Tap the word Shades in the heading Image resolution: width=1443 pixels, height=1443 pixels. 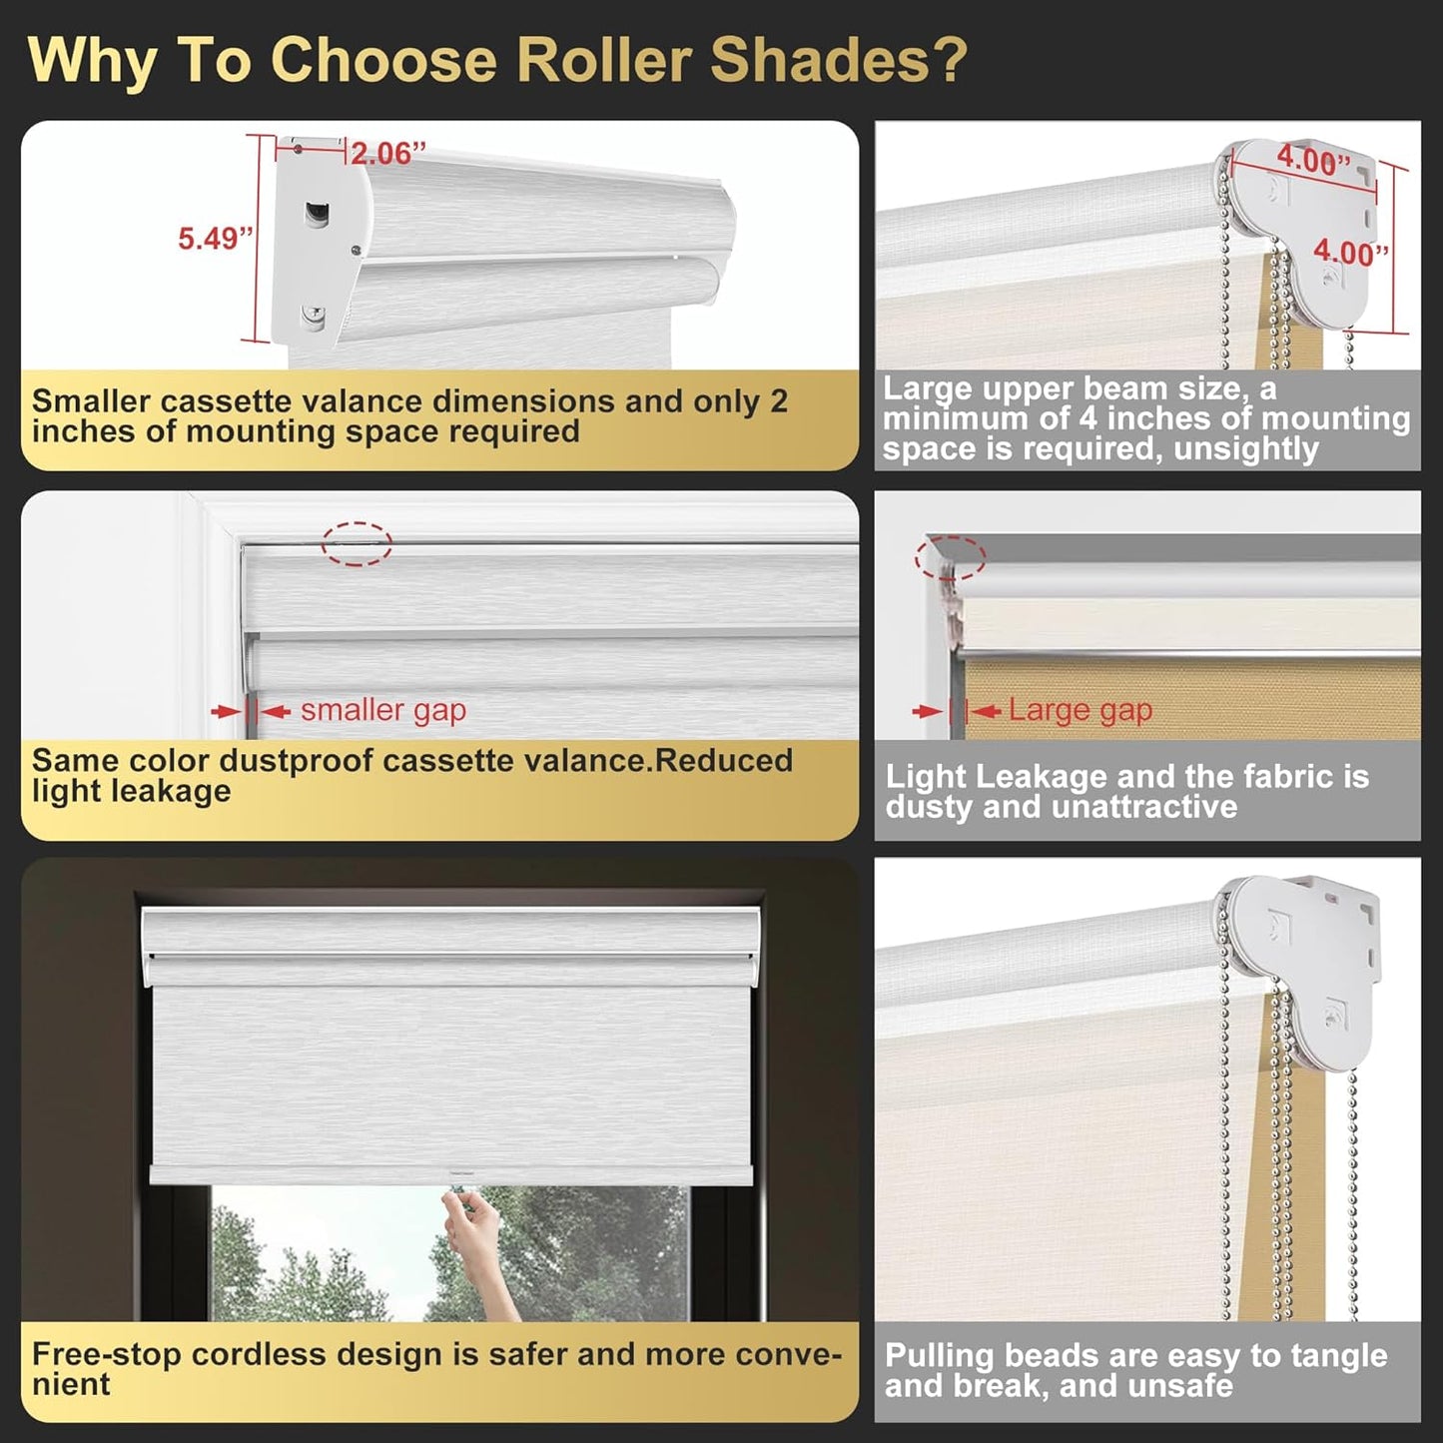click(x=837, y=60)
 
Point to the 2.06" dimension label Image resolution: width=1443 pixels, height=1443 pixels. click(x=387, y=154)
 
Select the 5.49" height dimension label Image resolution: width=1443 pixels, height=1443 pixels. click(x=215, y=239)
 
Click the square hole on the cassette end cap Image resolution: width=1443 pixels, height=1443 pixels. click(x=318, y=213)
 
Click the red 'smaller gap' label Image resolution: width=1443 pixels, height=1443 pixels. click(x=383, y=710)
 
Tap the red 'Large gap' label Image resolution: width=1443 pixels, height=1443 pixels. click(x=1080, y=710)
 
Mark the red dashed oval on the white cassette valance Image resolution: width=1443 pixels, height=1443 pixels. click(x=357, y=543)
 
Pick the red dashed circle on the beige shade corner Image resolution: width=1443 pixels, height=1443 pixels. click(x=951, y=557)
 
